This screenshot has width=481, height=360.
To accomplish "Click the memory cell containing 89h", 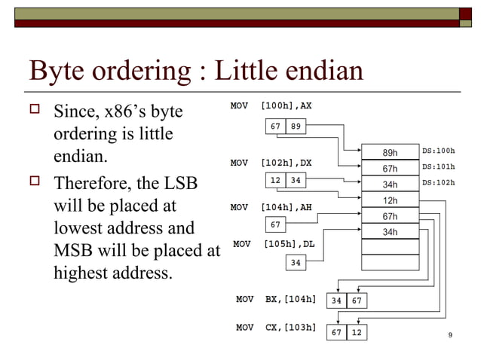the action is (390, 152).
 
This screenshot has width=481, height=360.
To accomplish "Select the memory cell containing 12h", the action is (390, 200).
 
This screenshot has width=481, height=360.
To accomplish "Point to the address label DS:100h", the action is (439, 151).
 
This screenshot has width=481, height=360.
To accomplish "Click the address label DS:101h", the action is (439, 166).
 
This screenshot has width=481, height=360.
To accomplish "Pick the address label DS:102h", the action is (439, 182).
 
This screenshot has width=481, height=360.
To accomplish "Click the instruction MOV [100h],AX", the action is (271, 106).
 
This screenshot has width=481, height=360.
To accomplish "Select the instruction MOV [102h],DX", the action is (271, 163).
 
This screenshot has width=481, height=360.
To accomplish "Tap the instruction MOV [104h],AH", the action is (271, 206).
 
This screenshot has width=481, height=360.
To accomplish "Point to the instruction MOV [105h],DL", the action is (271, 244).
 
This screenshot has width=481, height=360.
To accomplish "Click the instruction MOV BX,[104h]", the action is (276, 299).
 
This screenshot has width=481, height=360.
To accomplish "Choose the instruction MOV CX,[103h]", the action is (276, 328).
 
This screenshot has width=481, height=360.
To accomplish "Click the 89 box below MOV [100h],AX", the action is (296, 126).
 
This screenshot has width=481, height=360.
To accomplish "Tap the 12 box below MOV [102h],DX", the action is (276, 181).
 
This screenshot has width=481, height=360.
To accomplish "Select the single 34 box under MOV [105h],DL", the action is (296, 263).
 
